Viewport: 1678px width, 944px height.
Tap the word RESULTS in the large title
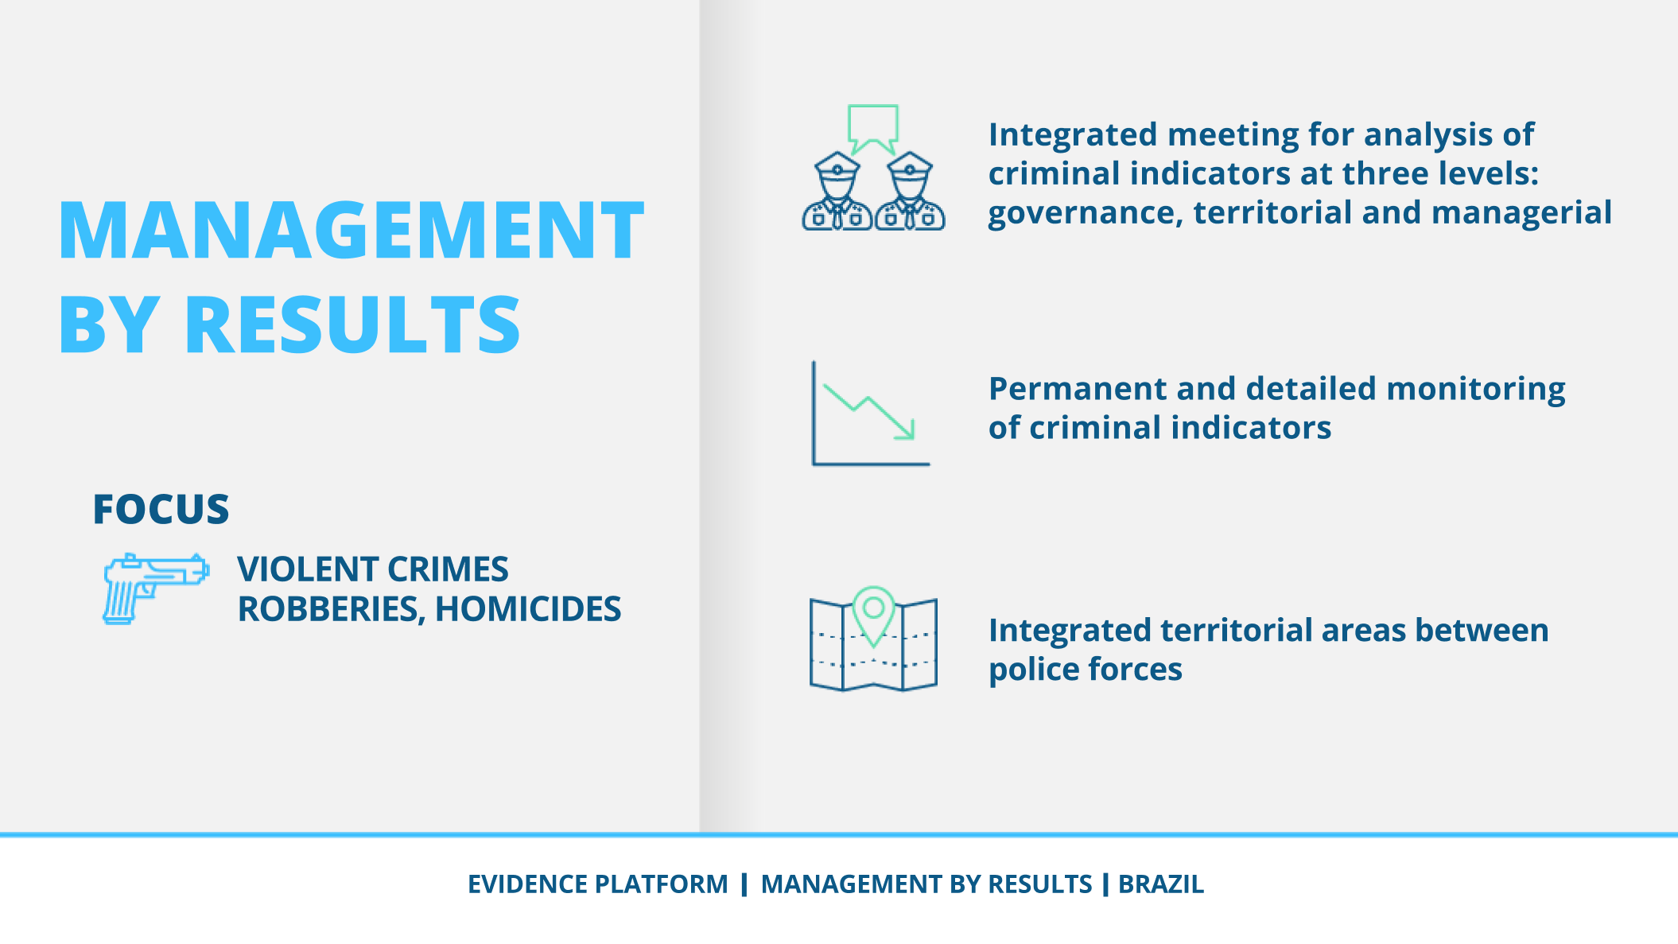[352, 324]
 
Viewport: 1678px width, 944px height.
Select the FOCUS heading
[161, 509]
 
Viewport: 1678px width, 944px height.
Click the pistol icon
[156, 589]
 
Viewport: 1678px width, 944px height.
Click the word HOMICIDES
[528, 609]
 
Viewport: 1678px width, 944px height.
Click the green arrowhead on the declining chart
[906, 430]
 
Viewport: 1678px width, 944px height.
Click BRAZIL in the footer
[1161, 884]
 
